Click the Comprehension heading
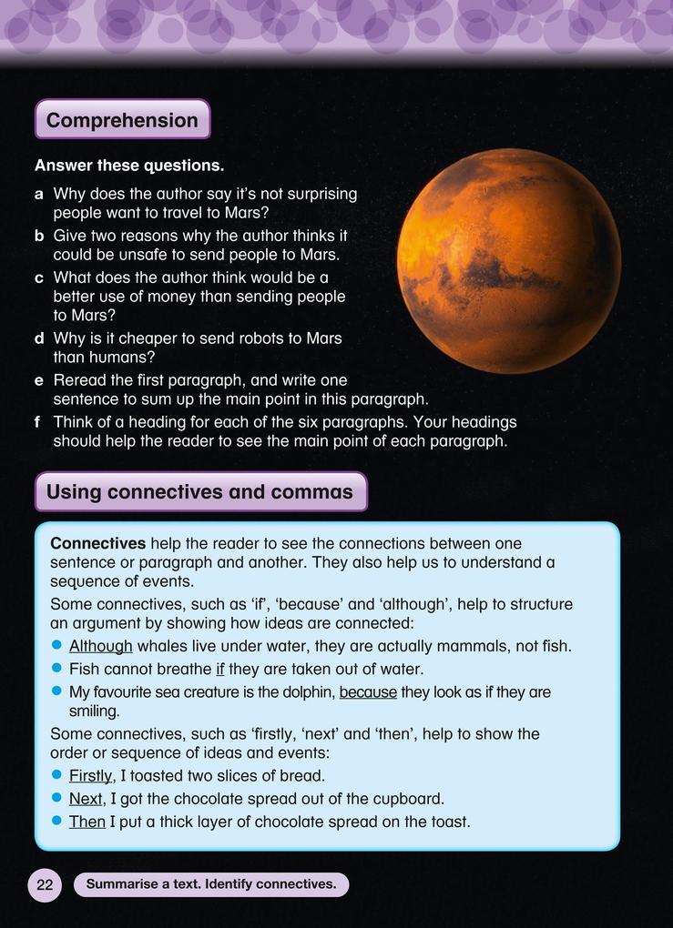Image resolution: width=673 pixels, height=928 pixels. (x=122, y=120)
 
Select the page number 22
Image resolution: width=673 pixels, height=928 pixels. (x=45, y=884)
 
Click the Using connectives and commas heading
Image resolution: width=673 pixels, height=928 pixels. (x=199, y=492)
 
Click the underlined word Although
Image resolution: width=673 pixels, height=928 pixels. (x=101, y=646)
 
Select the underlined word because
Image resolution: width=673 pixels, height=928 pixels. (x=368, y=692)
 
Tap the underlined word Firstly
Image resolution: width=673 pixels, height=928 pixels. (x=90, y=776)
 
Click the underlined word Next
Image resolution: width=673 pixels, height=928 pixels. (x=87, y=799)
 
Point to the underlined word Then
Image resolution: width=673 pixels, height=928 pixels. (x=87, y=822)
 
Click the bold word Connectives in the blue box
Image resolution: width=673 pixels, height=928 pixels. (x=97, y=543)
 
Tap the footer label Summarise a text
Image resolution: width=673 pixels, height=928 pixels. (x=211, y=884)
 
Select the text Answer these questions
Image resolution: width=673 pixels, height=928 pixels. (x=129, y=166)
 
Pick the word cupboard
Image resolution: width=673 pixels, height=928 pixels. (x=409, y=799)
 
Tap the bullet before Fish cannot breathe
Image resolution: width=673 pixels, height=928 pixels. (x=56, y=670)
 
